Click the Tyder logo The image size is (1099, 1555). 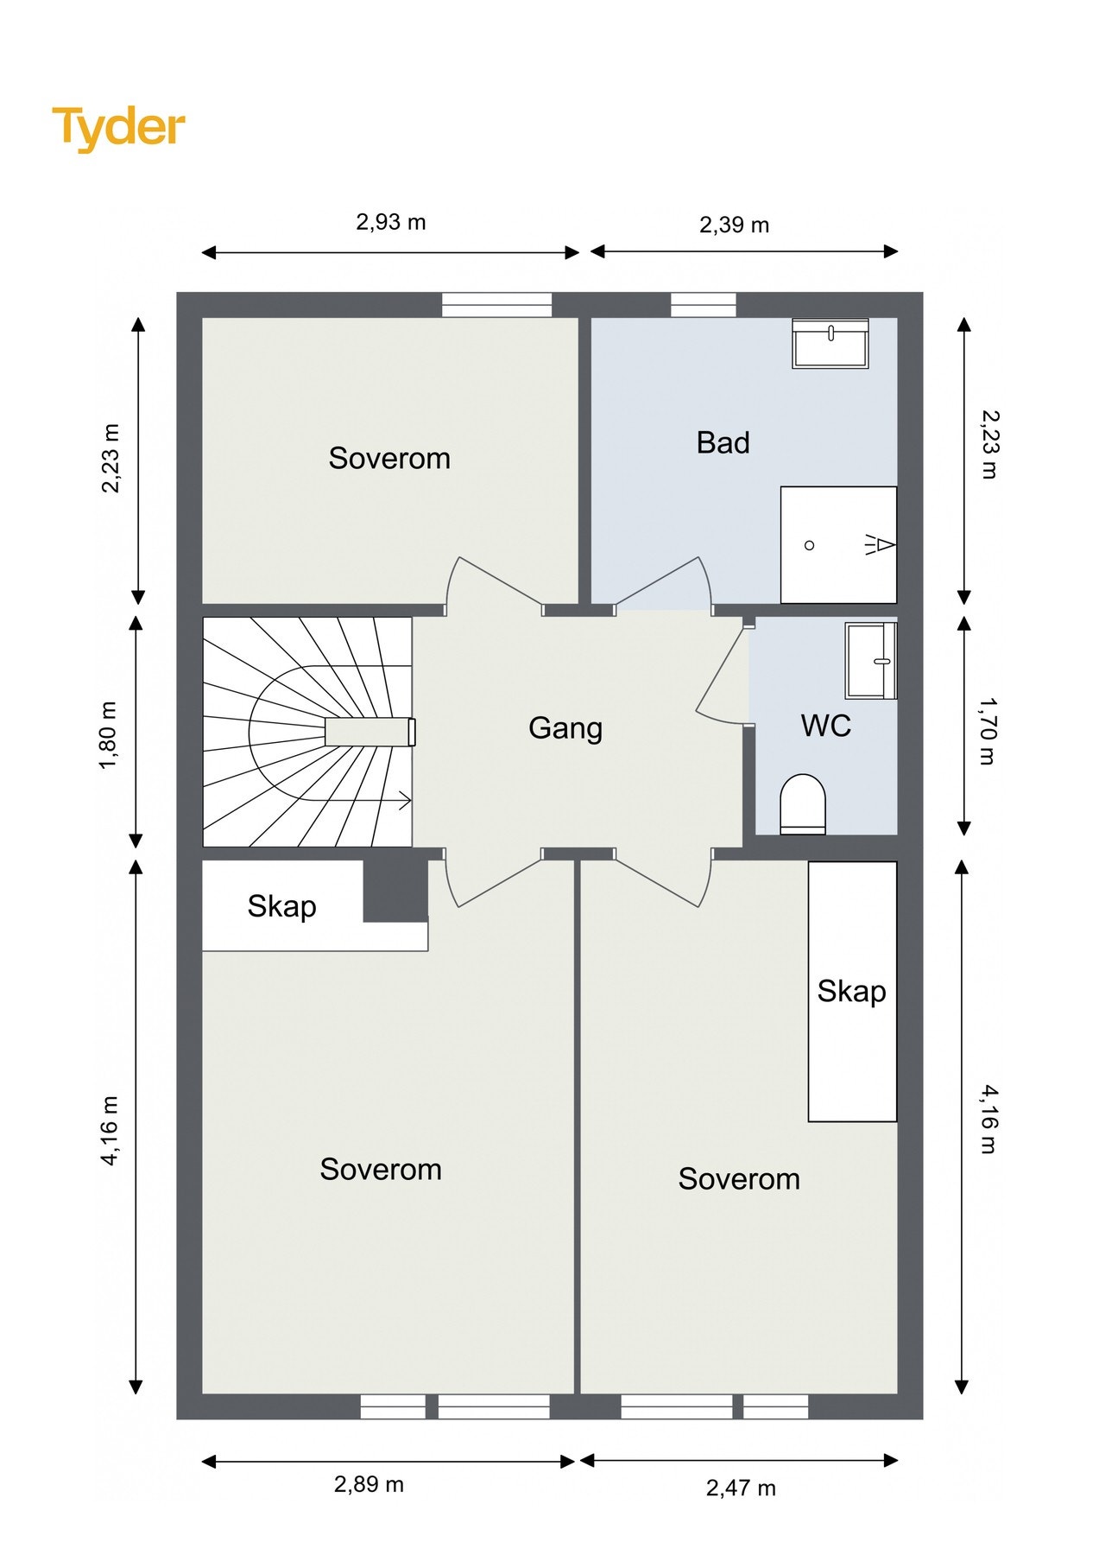coord(119,128)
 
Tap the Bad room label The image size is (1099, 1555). coord(723,442)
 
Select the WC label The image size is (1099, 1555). coord(826,726)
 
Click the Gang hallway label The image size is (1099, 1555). coord(565,728)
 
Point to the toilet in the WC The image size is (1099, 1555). coord(803,804)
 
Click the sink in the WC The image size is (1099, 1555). coord(871,660)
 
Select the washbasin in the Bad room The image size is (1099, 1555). coord(830,343)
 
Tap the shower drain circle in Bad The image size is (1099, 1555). coord(809,545)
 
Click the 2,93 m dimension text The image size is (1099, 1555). coord(391,222)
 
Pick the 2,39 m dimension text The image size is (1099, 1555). coord(734,225)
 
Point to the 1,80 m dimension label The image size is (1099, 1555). coord(109,734)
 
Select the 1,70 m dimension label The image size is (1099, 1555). coord(988,731)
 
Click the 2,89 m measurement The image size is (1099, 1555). coord(369,1484)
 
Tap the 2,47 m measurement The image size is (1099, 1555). coord(741,1488)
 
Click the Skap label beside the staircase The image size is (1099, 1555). coord(281,906)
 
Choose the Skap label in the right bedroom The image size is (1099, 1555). coord(851,991)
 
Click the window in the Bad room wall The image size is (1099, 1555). coord(704,305)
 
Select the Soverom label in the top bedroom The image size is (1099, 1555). coord(389,458)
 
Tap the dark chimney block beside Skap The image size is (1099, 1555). coord(395,891)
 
